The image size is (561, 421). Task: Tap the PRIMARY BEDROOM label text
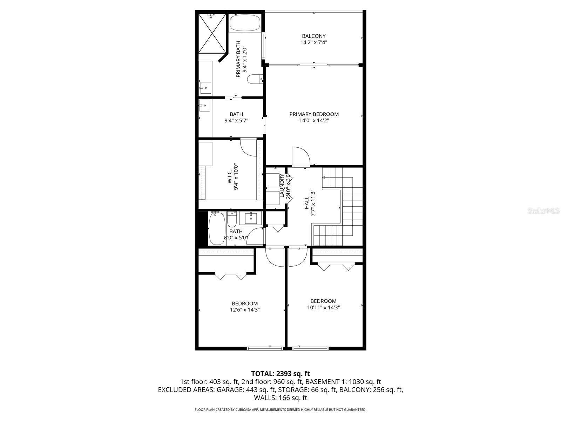314,114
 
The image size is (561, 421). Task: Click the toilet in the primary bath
254,80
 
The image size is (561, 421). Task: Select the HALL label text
306,203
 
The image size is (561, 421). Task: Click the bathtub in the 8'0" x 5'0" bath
215,228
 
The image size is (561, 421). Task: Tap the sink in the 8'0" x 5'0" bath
251,218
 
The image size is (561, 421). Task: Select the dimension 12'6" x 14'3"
245,310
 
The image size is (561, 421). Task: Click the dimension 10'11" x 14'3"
323,307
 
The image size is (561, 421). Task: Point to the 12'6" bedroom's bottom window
265,348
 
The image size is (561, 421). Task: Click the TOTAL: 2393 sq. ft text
280,374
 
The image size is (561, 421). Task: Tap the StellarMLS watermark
544,211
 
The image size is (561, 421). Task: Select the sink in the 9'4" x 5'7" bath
204,105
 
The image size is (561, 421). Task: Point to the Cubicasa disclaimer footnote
280,409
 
